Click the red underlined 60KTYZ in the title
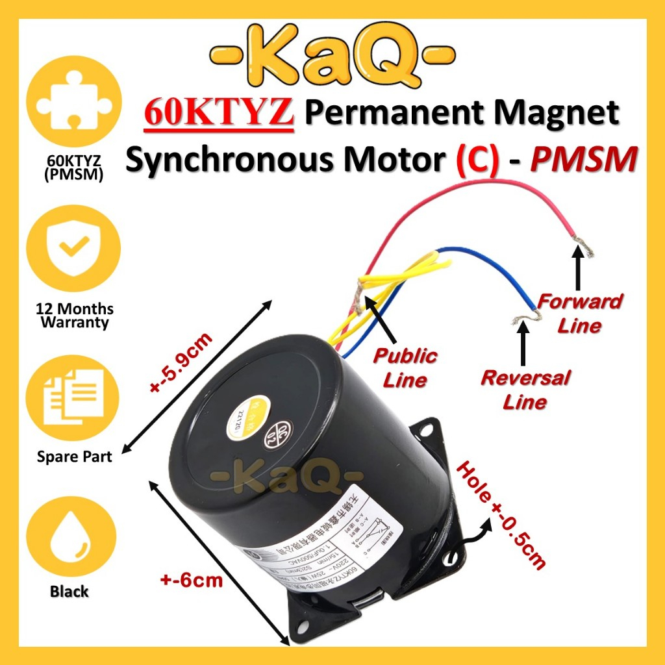click(217, 114)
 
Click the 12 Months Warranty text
click(72, 315)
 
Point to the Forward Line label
click(580, 312)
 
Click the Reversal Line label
click(525, 390)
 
